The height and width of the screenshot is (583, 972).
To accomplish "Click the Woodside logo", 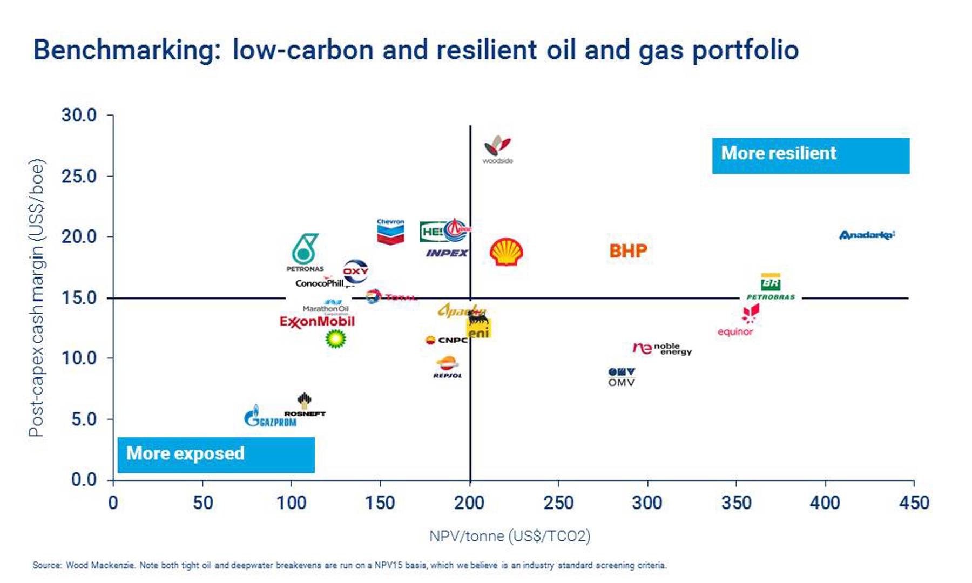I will pyautogui.click(x=497, y=148).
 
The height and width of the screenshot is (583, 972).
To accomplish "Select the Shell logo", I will pyautogui.click(x=506, y=252).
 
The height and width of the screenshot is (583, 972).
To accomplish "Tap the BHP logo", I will pyautogui.click(x=628, y=251).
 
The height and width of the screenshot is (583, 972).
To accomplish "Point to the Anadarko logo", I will pyautogui.click(x=867, y=235).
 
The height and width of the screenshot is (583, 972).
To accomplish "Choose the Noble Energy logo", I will pyautogui.click(x=662, y=349).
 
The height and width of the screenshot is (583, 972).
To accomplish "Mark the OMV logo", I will pyautogui.click(x=622, y=377).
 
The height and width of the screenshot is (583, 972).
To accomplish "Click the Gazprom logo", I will pyautogui.click(x=270, y=417).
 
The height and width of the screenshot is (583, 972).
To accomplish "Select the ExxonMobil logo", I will pyautogui.click(x=317, y=322).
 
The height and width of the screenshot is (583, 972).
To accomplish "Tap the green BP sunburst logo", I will pyautogui.click(x=335, y=339).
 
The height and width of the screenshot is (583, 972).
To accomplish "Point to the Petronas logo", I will pyautogui.click(x=305, y=252).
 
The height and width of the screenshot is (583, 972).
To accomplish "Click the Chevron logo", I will pyautogui.click(x=390, y=232).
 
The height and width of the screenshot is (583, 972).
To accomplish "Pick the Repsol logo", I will pyautogui.click(x=447, y=367).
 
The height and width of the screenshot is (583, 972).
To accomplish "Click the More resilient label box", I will pyautogui.click(x=810, y=155).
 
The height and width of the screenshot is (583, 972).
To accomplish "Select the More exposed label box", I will pyautogui.click(x=216, y=455).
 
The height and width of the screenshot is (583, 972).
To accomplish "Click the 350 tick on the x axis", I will pyautogui.click(x=736, y=503).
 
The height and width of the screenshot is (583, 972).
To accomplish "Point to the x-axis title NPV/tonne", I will pyautogui.click(x=509, y=536).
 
